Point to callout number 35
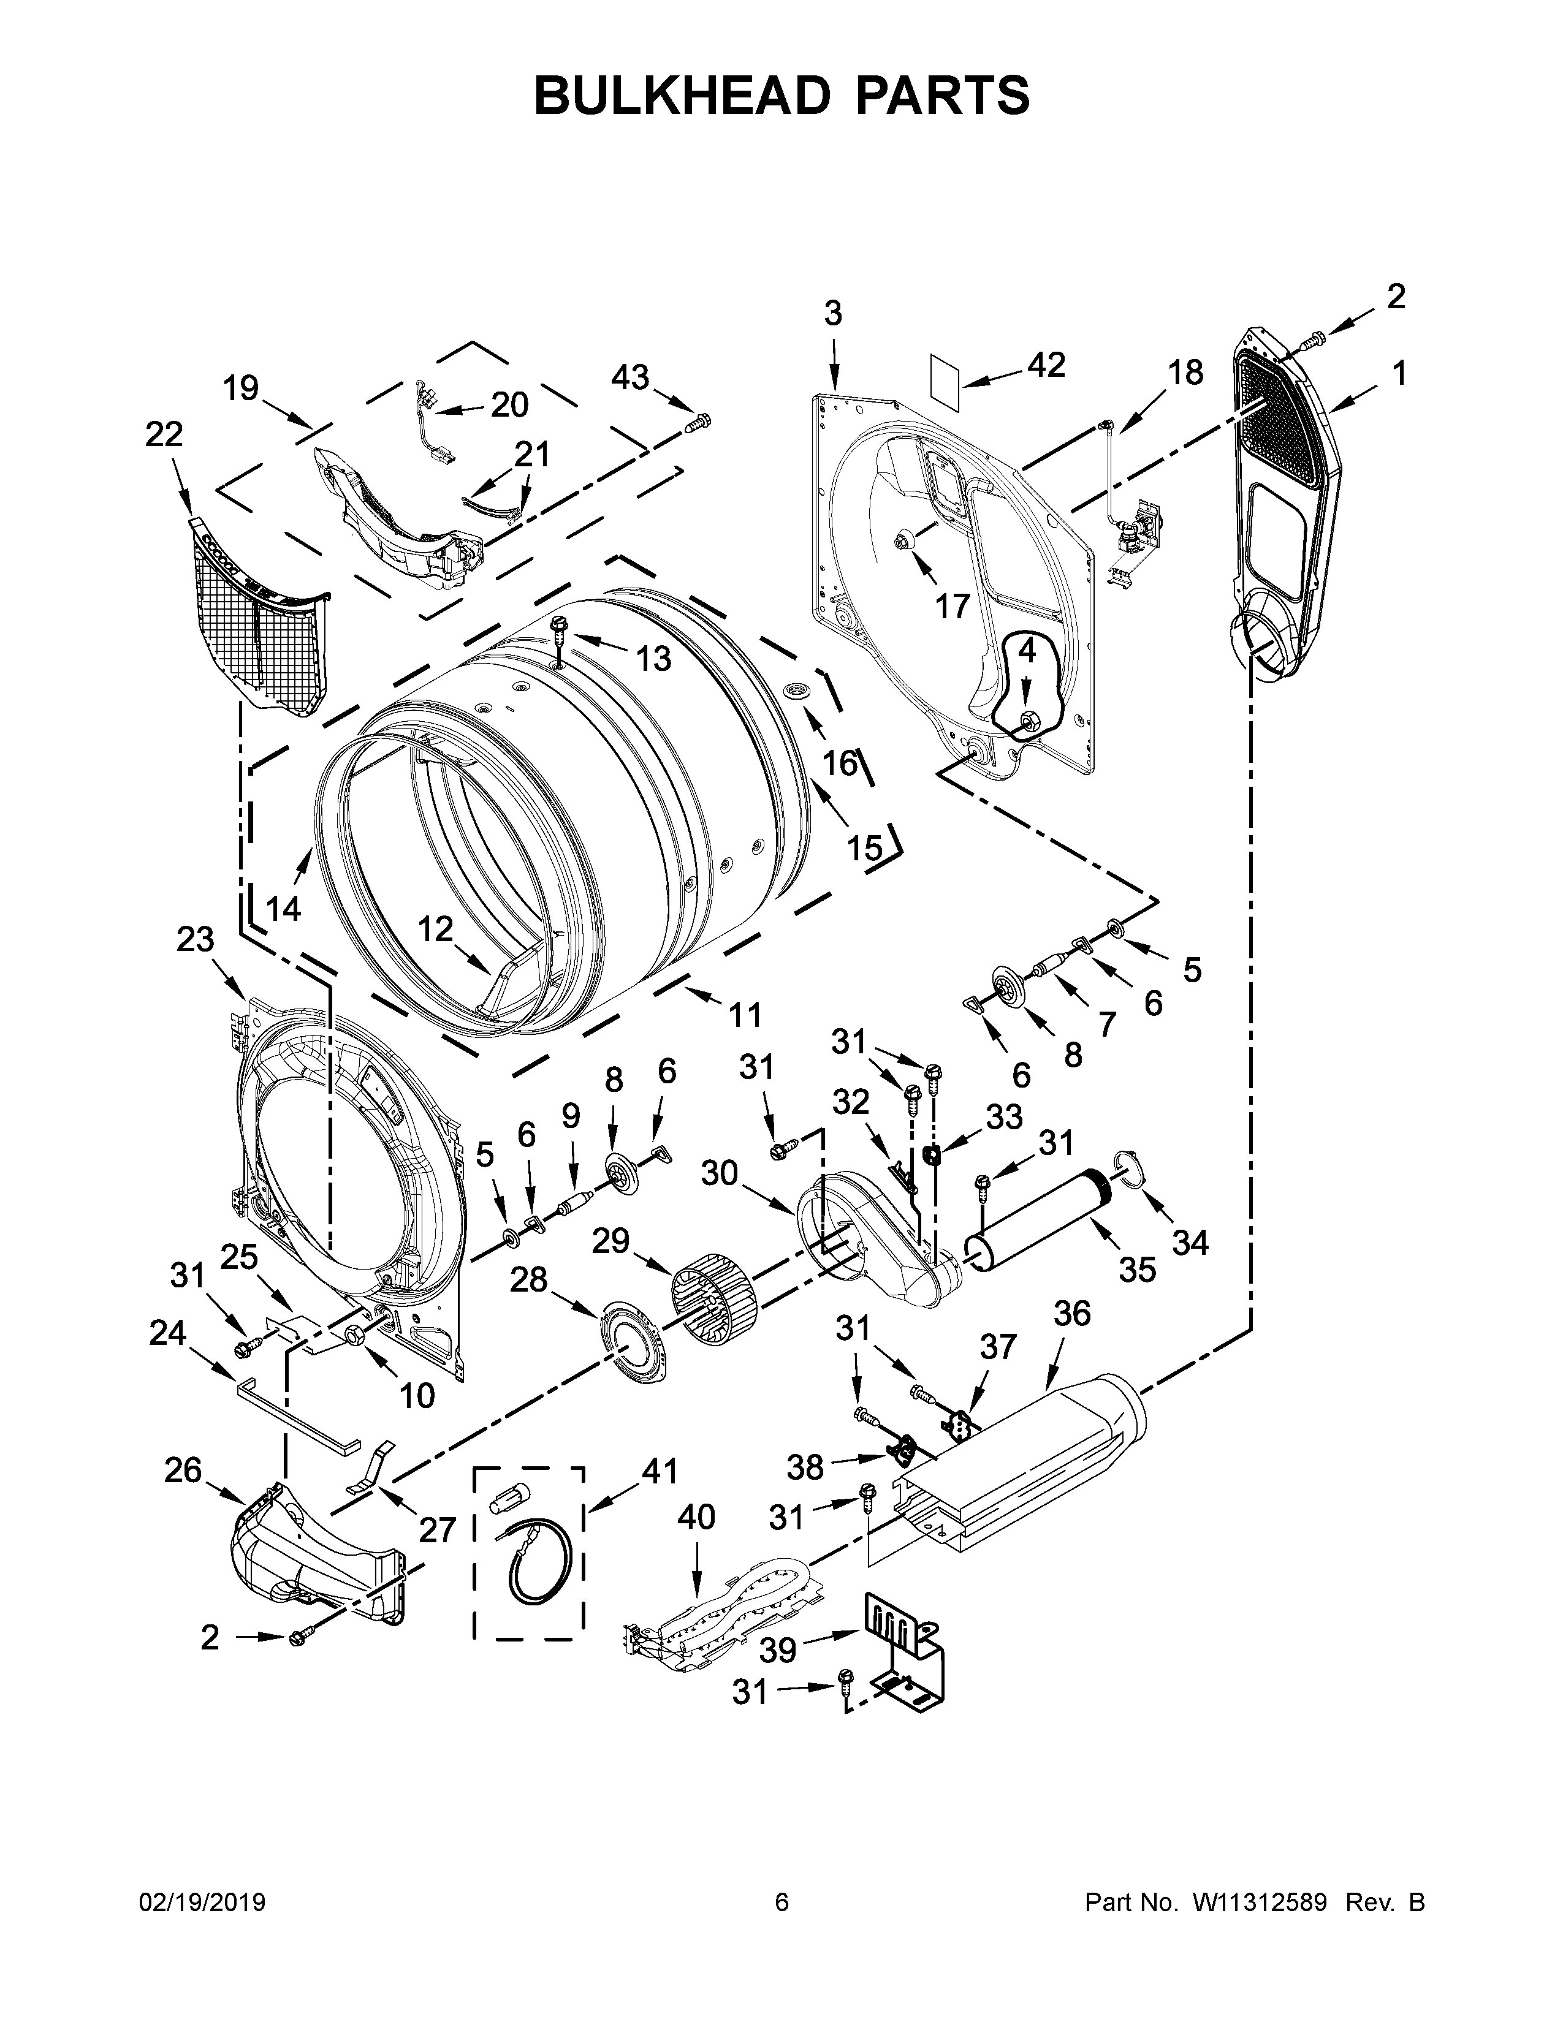click(x=1137, y=1268)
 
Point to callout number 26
click(x=183, y=1469)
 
